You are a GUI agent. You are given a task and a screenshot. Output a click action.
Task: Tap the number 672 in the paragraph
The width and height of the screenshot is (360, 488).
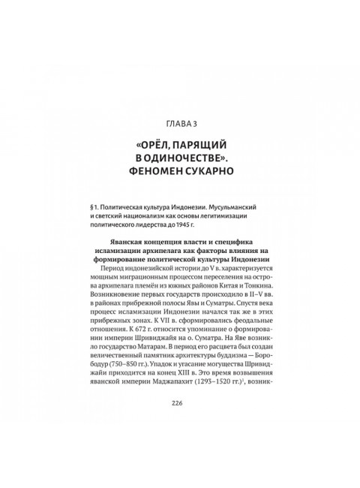(x=136, y=340)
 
